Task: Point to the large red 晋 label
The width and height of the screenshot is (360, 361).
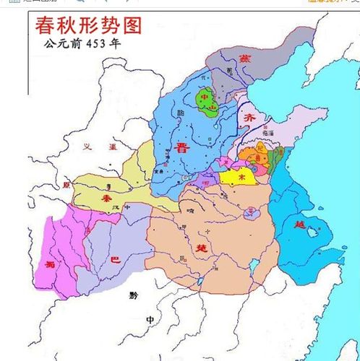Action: tap(182, 149)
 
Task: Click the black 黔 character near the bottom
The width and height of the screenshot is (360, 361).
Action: tap(132, 295)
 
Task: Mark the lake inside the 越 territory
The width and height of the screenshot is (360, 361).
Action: tap(313, 232)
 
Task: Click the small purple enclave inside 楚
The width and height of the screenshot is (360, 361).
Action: tap(250, 212)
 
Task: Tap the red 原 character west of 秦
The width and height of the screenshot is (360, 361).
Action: tap(67, 186)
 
